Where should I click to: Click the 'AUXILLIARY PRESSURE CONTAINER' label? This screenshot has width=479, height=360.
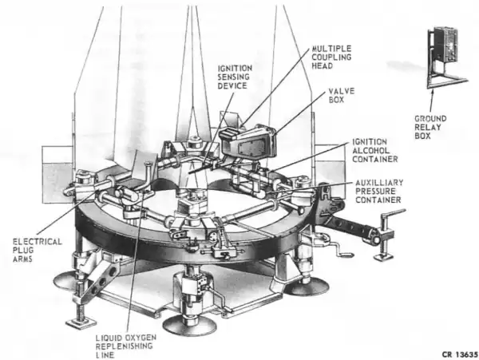click(x=378, y=192)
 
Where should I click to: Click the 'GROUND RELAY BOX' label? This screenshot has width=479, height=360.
click(x=431, y=129)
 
